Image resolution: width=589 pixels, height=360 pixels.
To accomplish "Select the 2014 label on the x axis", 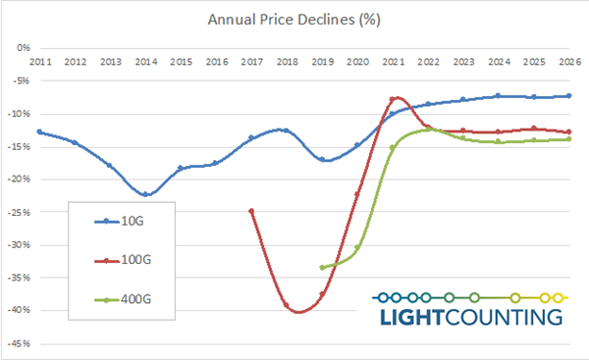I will coord(145,61).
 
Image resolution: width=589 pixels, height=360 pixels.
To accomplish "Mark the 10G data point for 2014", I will coord(145,194).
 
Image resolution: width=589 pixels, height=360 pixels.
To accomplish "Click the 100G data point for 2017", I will coord(251,211).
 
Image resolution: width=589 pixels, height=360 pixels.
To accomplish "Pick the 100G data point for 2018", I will coord(287,305).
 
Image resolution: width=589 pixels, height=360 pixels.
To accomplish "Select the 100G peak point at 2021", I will coord(393,99).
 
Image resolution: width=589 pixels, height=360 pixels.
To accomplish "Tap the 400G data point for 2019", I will coord(322,267).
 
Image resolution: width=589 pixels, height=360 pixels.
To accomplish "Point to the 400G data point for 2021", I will coord(393,148).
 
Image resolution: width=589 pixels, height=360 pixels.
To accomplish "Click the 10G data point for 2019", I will coord(322,159).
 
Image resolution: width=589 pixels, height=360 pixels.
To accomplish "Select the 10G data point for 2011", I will coord(39,131).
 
